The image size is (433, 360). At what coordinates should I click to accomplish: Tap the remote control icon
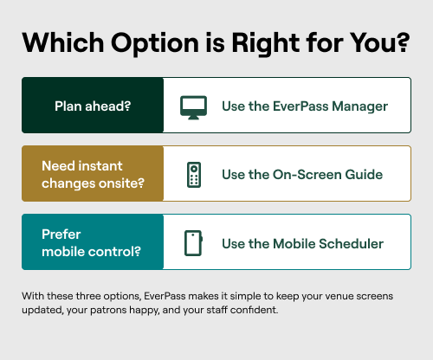tap(193, 175)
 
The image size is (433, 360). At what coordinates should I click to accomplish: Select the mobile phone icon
tap(193, 243)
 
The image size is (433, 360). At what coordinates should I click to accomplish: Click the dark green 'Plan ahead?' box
tap(93, 106)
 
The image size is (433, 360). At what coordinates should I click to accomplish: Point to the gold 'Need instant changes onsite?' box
tap(93, 174)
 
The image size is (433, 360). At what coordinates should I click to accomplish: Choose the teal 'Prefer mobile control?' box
tap(93, 243)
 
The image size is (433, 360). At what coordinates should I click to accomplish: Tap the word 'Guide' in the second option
tap(364, 175)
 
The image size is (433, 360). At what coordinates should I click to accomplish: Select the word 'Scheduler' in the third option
tap(350, 243)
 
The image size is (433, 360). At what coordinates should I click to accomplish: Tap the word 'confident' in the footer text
tap(251, 310)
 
